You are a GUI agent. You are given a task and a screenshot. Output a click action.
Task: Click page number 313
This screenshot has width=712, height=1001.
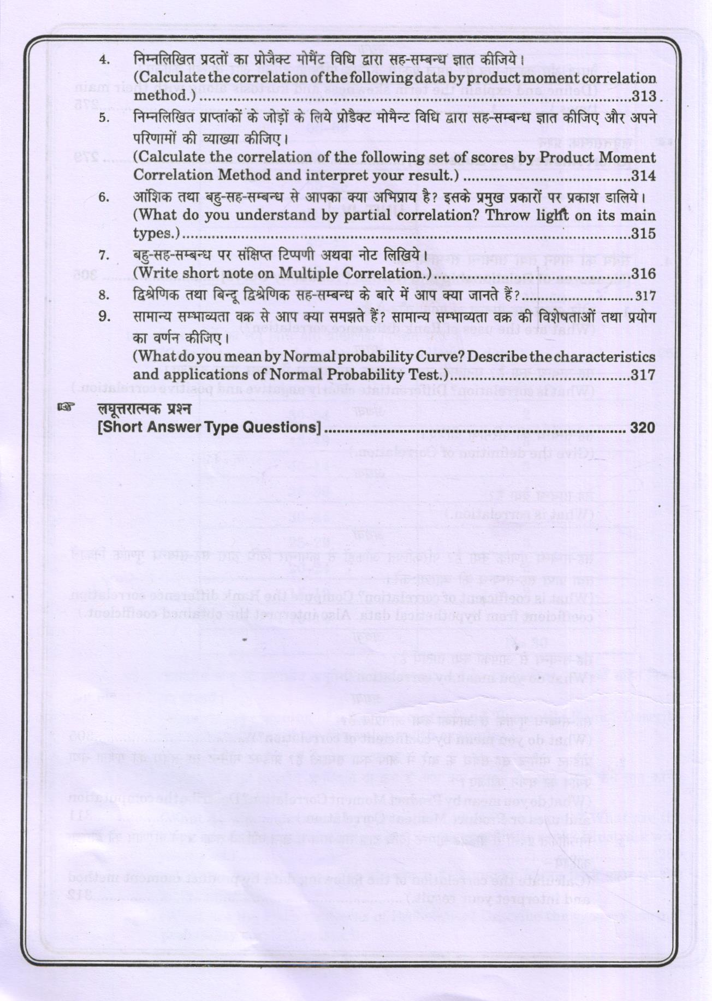(643, 97)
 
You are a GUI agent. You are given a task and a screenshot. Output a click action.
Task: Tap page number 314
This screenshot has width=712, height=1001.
(643, 176)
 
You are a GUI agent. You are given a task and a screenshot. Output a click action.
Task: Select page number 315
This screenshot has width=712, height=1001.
(643, 234)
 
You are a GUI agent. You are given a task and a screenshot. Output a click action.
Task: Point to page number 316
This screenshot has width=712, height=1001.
(643, 274)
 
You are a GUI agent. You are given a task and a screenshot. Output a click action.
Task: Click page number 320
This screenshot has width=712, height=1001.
(642, 428)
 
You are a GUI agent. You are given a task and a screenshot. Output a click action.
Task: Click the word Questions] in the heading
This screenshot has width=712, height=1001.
(279, 428)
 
